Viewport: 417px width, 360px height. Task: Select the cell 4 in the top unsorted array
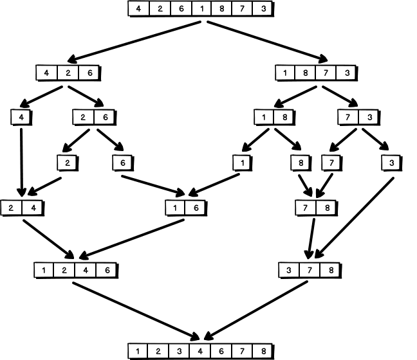pos(139,10)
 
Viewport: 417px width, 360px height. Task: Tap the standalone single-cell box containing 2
pos(66,162)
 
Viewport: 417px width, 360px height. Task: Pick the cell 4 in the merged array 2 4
pos(32,208)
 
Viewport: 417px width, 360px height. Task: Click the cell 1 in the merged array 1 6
pos(176,208)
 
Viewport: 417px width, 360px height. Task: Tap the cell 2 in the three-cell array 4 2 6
pos(68,72)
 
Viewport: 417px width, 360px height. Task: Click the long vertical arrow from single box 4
pos(21,161)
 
